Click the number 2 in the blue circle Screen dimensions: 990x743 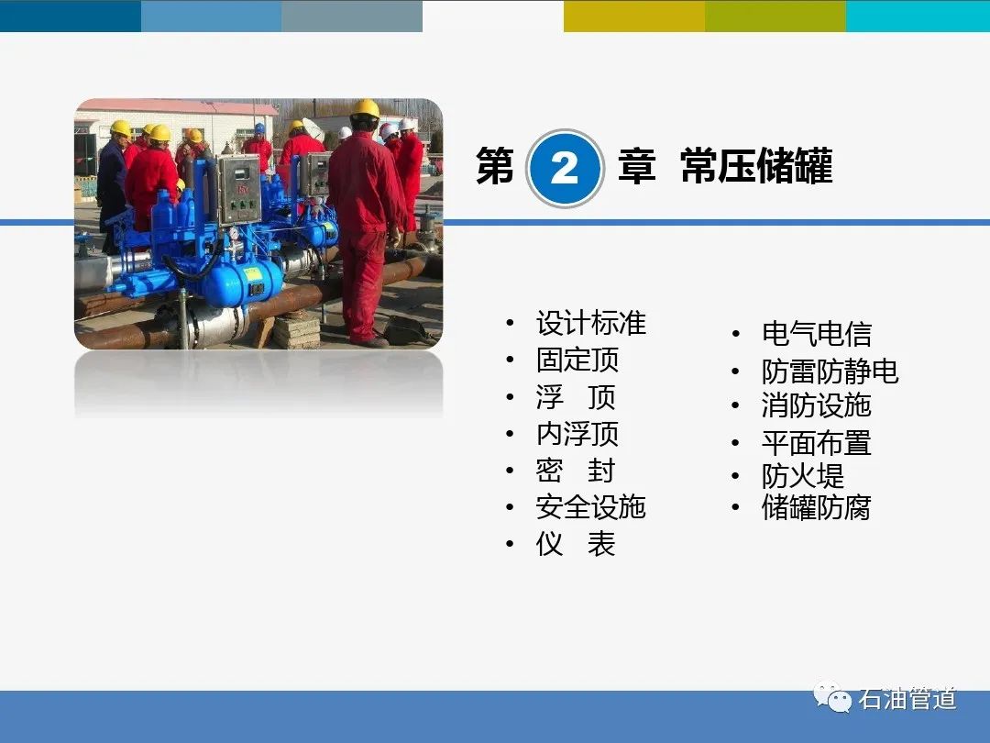564,169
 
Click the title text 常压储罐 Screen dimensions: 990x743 756,166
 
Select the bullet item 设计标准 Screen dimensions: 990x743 591,323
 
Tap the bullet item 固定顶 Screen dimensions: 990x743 577,360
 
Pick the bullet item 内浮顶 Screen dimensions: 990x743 577,433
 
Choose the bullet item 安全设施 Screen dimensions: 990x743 591,506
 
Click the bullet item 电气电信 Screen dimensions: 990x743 817,334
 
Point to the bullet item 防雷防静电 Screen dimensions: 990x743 830,371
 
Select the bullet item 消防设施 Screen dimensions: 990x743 817,405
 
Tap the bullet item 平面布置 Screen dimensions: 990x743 817,443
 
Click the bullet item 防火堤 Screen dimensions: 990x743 802,476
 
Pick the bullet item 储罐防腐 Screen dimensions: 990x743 817,507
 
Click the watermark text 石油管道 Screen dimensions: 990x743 907,699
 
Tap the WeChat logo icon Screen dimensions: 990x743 832,697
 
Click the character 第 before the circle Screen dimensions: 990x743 495,166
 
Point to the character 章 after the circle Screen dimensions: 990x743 636,166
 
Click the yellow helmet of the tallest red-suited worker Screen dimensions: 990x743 365,108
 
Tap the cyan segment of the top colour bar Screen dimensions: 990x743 918,16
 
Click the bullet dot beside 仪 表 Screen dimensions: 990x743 510,544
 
